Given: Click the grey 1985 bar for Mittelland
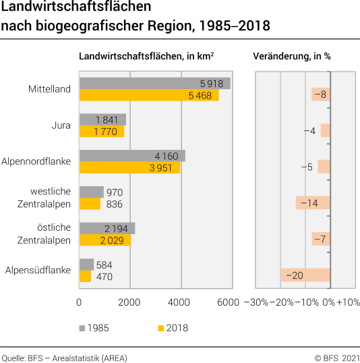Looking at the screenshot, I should (154, 83).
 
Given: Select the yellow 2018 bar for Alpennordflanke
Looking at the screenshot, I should (129, 167).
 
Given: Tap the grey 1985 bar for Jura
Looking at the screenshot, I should (102, 119).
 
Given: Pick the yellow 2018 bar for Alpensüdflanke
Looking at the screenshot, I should (85, 276).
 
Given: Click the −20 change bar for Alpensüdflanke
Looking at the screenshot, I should (305, 275).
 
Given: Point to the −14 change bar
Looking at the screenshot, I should (313, 203).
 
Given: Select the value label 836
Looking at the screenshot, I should (114, 204).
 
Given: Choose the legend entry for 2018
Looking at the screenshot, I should (173, 328).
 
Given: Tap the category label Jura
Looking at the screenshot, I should (61, 125).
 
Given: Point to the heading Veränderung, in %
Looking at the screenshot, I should (291, 57).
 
